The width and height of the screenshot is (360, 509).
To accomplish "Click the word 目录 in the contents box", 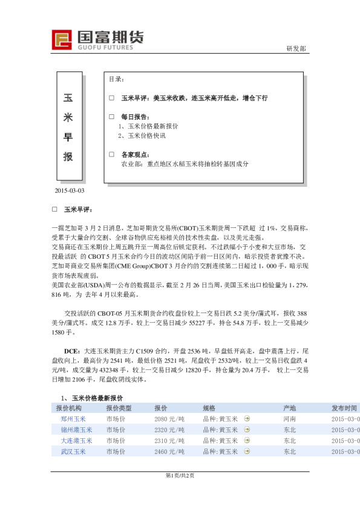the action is point(117,80).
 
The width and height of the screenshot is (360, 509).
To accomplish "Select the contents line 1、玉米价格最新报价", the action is point(148,126).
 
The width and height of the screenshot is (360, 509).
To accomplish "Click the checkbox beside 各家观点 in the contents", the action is point(111,154).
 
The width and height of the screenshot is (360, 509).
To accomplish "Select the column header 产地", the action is point(289,408).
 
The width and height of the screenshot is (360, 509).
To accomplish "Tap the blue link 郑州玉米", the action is point(73,419).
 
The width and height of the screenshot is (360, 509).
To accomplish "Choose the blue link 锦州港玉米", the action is point(76,430).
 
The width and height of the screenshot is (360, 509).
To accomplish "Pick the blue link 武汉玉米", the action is point(73,452).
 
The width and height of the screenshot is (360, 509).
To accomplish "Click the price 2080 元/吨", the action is point(169,419).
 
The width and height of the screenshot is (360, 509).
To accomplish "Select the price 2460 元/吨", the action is point(169,452).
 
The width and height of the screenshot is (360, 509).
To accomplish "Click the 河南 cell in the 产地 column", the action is point(289,419).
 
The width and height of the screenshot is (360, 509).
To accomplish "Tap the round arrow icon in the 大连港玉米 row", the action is point(247,441).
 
